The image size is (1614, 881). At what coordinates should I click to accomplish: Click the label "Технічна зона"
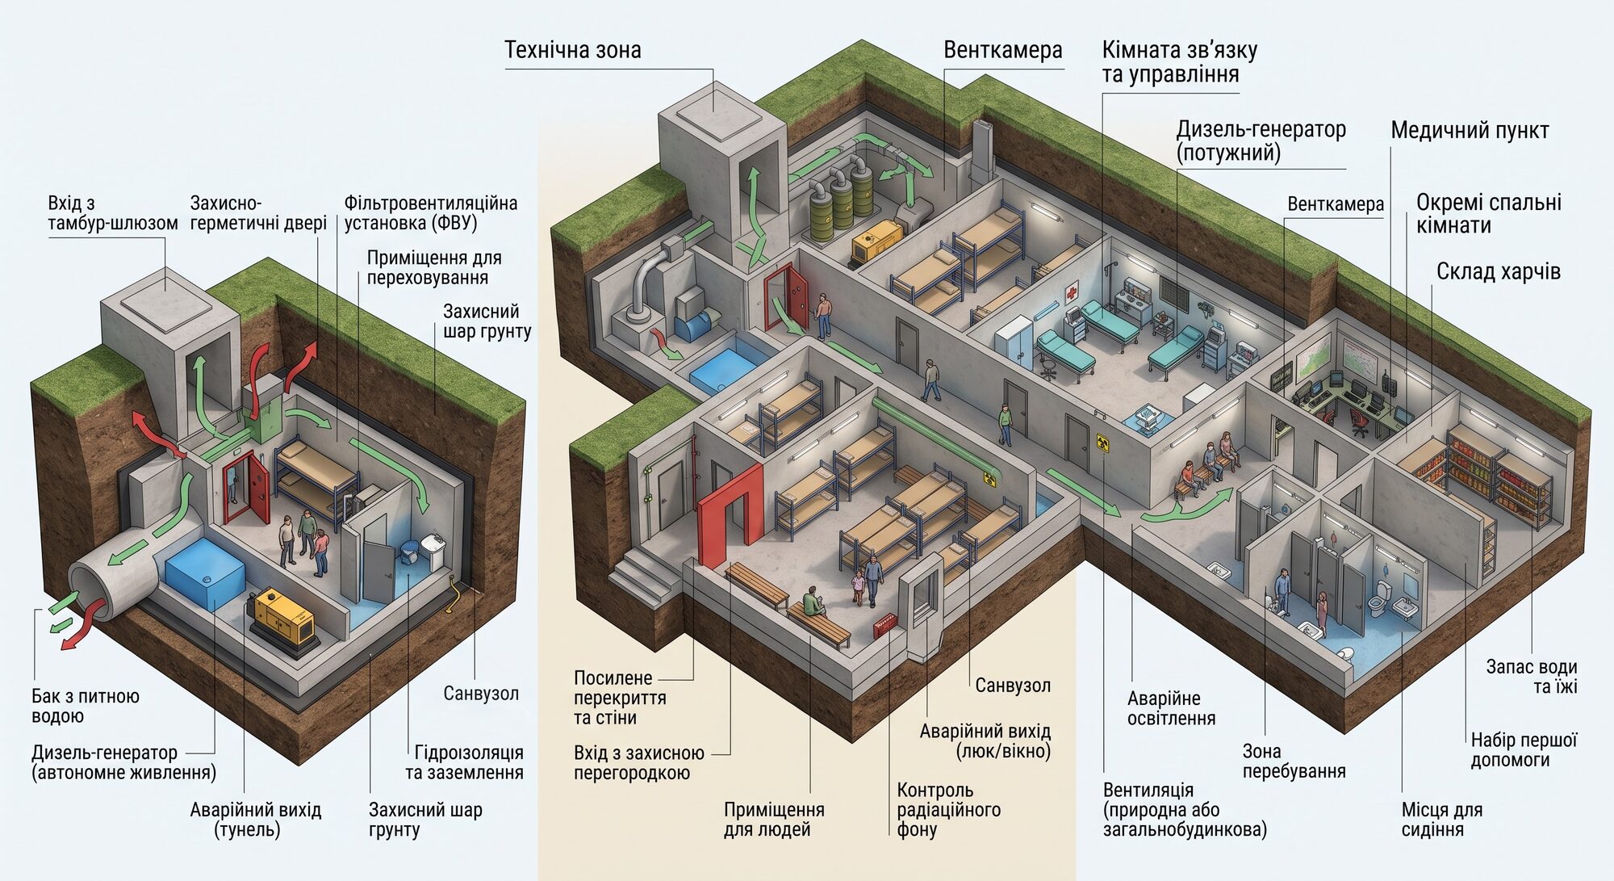point(573,50)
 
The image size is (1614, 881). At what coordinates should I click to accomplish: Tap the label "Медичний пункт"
point(1470,131)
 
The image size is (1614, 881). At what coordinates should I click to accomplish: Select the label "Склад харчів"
point(1499,271)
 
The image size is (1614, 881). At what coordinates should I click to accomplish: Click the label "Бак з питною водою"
point(86,706)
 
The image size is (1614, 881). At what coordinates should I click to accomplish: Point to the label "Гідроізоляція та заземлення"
point(465,762)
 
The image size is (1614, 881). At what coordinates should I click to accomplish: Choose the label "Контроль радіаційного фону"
point(948,809)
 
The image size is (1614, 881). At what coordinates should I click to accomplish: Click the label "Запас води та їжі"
point(1532,677)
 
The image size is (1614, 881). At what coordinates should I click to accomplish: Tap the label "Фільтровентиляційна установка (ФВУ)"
point(431,212)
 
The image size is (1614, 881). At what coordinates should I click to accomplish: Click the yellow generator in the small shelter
point(282,617)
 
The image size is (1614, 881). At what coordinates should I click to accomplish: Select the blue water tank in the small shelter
point(205,573)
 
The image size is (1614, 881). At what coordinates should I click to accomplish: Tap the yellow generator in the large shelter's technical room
point(875,240)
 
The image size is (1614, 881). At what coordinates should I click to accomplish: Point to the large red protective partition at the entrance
point(730,515)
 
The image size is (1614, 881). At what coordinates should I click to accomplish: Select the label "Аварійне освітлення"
point(1171,708)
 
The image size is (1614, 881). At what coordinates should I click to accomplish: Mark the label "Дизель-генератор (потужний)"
point(1261,141)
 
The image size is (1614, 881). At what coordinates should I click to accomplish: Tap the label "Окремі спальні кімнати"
point(1489,213)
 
